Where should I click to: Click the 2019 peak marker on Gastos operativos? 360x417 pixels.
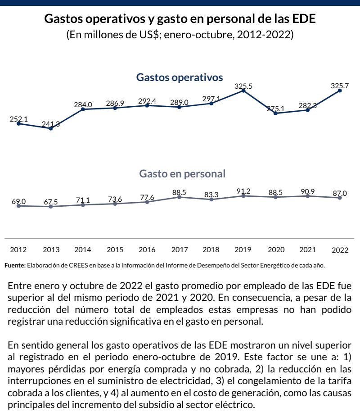click(243, 91)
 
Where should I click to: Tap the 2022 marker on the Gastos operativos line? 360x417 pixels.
click(340, 91)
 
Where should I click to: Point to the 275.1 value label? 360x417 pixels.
click(276, 109)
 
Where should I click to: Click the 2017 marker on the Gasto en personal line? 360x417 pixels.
click(179, 197)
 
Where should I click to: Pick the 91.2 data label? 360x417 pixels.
click(243, 191)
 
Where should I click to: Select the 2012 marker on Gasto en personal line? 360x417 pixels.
click(18, 206)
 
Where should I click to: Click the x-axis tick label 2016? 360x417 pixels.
click(147, 249)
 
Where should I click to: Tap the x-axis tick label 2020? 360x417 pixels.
click(276, 249)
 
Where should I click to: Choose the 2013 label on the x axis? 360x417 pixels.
click(51, 249)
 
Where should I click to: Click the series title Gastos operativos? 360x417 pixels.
click(180, 77)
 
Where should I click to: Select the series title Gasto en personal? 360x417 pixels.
click(182, 174)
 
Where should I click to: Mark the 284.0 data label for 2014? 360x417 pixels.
click(83, 104)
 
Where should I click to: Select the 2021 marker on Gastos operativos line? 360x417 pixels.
click(308, 110)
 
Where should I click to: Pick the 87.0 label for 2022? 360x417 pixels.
click(340, 193)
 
